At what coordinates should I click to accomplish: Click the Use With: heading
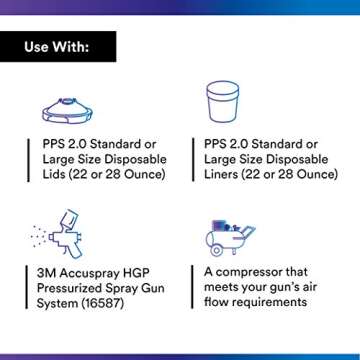(58, 46)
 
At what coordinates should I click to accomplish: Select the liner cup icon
(221, 103)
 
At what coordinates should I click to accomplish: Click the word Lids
(53, 174)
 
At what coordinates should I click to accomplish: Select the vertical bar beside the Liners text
(193, 159)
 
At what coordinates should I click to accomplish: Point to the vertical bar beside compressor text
(193, 287)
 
